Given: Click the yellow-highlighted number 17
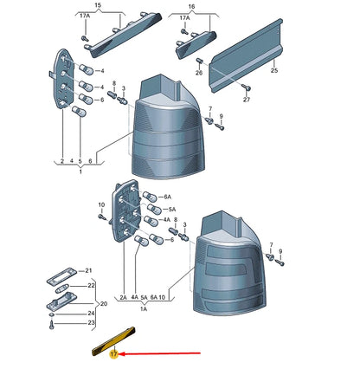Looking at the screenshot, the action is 114,354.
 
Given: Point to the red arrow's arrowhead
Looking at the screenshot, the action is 121,353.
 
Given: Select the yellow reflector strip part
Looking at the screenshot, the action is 113,341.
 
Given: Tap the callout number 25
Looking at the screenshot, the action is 274,70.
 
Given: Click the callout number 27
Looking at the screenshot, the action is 247,100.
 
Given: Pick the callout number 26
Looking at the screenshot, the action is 199,73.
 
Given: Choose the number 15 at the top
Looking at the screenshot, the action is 98,5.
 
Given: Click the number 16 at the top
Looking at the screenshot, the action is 191,6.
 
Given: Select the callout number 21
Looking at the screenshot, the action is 88,270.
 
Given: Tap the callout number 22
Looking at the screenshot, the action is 91,286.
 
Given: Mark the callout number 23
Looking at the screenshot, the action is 91,322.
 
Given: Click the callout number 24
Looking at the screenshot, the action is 91,314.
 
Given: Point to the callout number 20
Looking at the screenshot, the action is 103,304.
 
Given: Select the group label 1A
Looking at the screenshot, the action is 144,309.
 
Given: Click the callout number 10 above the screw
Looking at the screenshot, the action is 101,205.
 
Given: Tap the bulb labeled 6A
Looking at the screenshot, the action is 150,197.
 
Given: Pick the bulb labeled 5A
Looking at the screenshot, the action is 154,209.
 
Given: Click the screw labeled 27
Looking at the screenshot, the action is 247,87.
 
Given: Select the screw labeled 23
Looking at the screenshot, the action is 51,325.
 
